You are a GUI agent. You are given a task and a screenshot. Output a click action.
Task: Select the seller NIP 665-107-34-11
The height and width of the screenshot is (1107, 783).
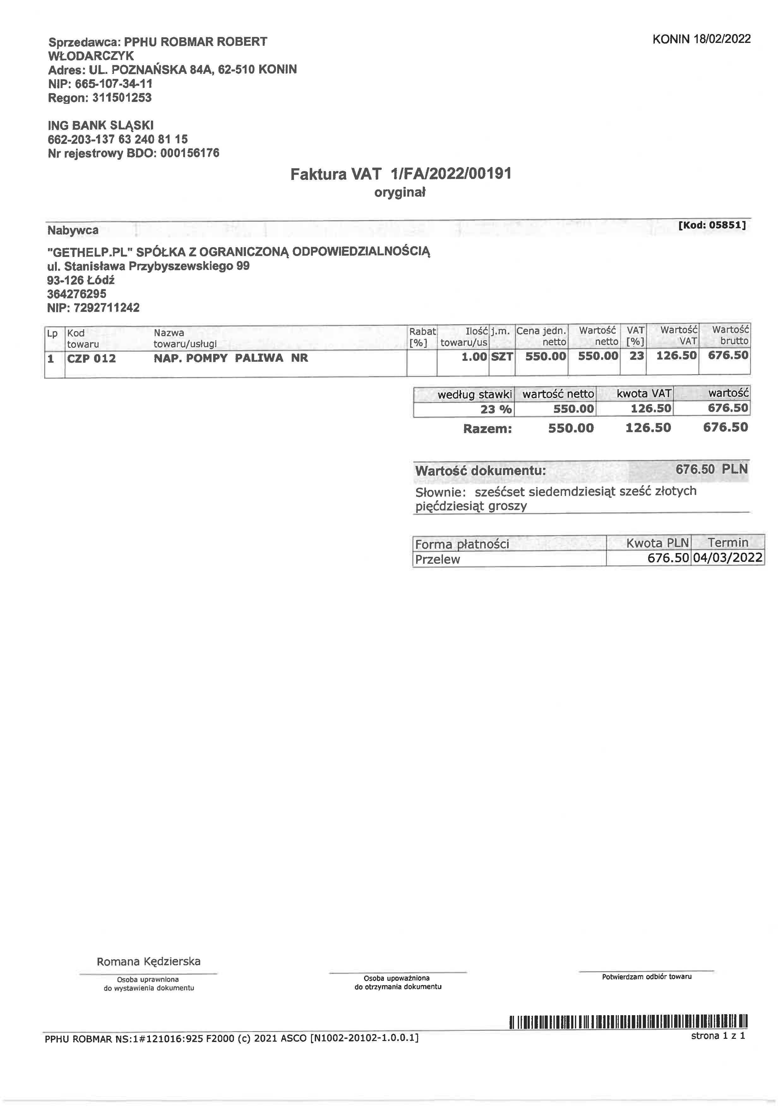click(x=114, y=84)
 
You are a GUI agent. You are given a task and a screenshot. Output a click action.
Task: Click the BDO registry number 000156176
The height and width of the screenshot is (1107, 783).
click(x=189, y=153)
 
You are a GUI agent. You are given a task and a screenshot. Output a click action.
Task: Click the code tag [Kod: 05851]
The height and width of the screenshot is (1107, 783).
click(x=712, y=225)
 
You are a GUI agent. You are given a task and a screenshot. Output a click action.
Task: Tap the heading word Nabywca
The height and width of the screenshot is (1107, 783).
click(x=73, y=230)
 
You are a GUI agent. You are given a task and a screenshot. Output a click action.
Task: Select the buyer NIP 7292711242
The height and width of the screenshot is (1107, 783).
click(x=106, y=308)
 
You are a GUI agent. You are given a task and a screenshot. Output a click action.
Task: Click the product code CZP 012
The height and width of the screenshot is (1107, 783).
click(x=92, y=358)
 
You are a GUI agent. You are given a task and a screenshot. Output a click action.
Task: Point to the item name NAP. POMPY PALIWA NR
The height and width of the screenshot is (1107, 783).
click(x=230, y=358)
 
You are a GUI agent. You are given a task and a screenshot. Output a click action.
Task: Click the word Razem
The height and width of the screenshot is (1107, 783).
click(x=487, y=429)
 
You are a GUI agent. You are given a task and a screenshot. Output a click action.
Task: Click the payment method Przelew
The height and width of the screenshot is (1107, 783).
click(x=438, y=559)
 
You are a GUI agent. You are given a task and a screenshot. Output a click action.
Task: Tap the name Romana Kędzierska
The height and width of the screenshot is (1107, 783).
click(x=148, y=961)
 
